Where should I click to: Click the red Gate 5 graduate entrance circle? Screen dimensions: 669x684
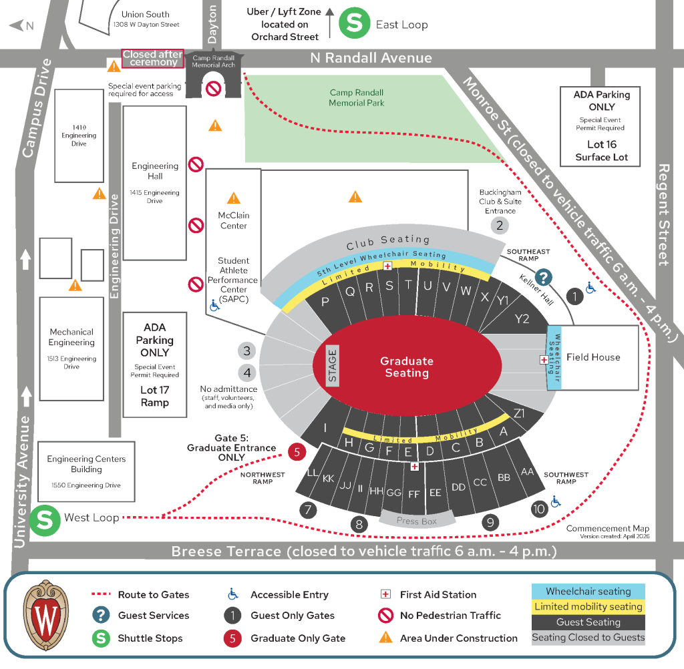click(x=297, y=452)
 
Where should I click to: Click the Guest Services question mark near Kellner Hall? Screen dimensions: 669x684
click(x=544, y=276)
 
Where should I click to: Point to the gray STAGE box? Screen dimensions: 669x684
click(x=332, y=365)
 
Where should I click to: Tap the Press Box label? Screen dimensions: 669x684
click(x=417, y=521)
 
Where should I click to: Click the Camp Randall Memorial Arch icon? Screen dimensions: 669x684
click(x=214, y=77)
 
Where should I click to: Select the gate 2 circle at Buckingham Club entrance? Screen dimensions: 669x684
click(x=499, y=225)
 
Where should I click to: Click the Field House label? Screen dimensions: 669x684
click(x=593, y=357)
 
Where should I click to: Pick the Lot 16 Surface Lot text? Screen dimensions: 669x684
click(x=602, y=151)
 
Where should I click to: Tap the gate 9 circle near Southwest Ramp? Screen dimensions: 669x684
click(x=490, y=522)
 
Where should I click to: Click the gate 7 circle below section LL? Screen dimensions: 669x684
click(x=308, y=511)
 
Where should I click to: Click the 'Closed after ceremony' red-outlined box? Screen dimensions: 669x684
click(x=153, y=58)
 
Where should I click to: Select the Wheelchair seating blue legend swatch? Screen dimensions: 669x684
click(x=588, y=592)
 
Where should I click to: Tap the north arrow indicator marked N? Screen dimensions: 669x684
click(x=21, y=26)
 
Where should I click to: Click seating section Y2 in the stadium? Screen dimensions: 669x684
click(x=522, y=318)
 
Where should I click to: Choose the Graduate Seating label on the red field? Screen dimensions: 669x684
click(x=407, y=367)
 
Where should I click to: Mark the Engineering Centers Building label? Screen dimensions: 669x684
click(x=86, y=464)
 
